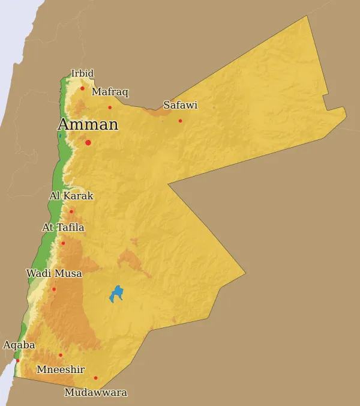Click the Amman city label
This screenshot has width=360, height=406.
88,125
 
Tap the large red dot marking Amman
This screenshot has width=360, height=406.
88,142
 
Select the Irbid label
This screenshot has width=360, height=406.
82,74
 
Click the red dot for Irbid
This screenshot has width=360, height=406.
82,88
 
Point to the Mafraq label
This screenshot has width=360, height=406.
110,92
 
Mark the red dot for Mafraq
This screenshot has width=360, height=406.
110,108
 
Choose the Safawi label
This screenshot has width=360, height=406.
180,105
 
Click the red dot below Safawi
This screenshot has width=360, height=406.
180,121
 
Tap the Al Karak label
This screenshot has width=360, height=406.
71,196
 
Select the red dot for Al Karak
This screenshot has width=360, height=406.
71,211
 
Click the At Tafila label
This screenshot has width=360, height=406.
63,228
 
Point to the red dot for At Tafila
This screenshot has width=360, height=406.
63,243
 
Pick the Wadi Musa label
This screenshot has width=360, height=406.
54,273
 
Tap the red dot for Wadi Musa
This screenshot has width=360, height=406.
54,289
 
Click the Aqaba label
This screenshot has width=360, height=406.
19,345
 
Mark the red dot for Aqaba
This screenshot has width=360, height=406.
17,360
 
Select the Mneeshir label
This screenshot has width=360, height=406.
61,369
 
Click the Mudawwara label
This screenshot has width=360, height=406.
95,393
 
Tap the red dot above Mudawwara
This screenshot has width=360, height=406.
95,378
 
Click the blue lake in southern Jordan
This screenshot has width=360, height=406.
116,294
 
